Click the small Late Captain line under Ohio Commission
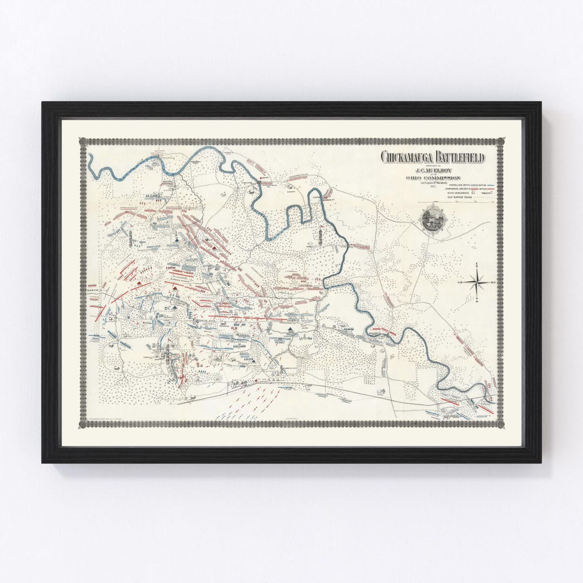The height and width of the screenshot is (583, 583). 433,182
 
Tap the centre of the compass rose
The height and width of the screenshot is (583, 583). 477,282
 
